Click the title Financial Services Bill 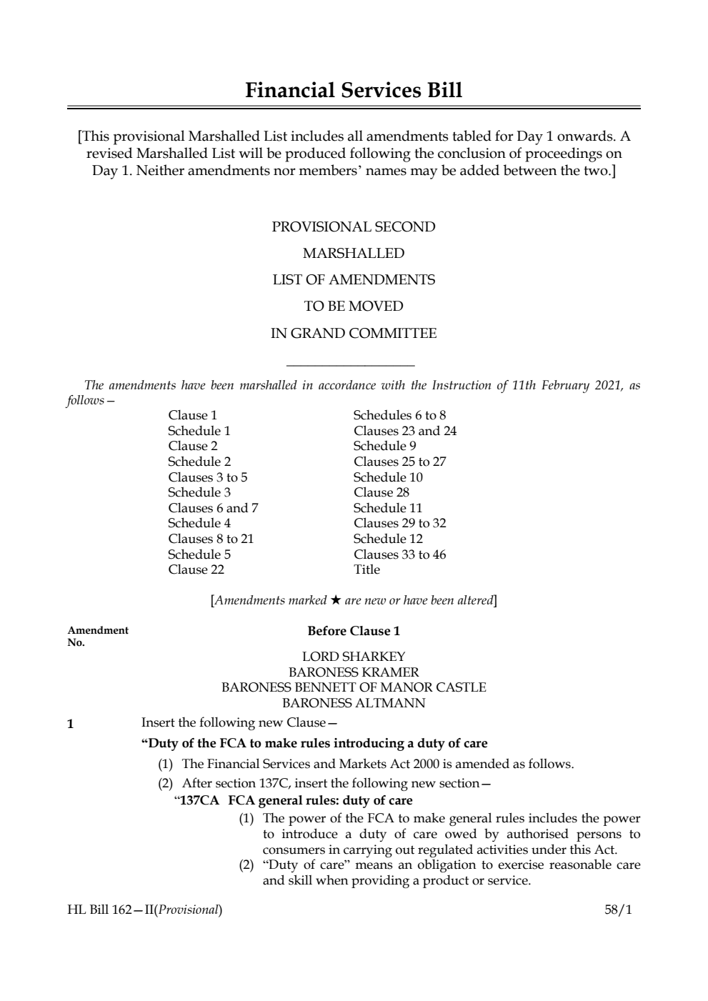[x=354, y=91]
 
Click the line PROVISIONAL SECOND [x=353, y=227]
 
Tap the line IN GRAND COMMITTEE [x=353, y=334]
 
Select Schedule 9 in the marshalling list [x=384, y=446]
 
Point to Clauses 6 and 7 [x=213, y=508]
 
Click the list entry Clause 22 [x=196, y=569]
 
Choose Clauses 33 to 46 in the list [x=399, y=554]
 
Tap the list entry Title [x=367, y=569]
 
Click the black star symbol [x=335, y=600]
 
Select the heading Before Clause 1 [x=354, y=631]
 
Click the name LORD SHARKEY [x=354, y=657]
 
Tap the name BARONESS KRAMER [x=354, y=672]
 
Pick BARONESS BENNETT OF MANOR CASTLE [x=354, y=687]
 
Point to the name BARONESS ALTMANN [x=354, y=703]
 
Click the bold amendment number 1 [x=70, y=724]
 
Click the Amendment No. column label [x=97, y=636]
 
